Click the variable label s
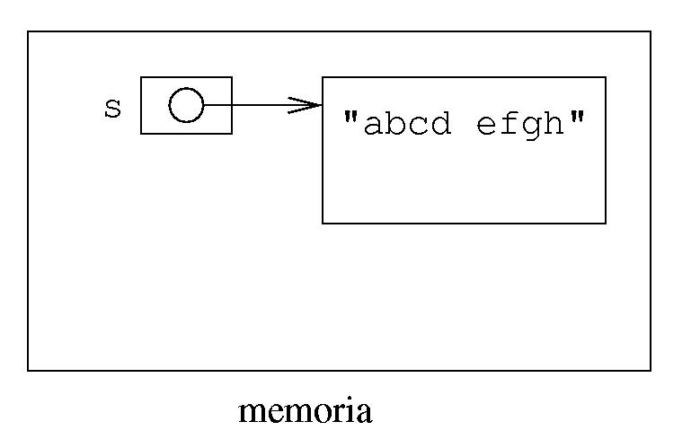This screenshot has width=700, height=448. [x=112, y=109]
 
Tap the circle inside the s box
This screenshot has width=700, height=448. [x=186, y=105]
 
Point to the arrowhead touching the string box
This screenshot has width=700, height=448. [x=310, y=105]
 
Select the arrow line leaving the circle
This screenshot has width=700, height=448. [x=252, y=105]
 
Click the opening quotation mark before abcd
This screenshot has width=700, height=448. [x=351, y=117]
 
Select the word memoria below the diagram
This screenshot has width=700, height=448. [x=305, y=412]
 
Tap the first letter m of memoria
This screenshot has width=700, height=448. [x=252, y=414]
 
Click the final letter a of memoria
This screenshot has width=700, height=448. [x=363, y=414]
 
